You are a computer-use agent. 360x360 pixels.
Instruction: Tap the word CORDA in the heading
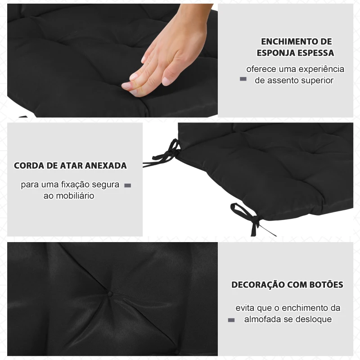point(29,166)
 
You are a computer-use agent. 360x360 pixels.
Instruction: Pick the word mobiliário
point(75,196)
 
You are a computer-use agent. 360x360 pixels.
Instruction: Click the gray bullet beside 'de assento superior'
point(243,79)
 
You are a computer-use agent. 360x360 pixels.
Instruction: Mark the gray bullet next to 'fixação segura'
point(128,185)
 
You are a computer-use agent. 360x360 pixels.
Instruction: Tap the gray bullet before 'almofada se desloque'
point(231,320)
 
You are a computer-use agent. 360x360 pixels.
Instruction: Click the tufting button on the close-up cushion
point(110,294)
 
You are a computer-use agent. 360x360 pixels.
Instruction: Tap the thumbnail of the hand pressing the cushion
point(112,60)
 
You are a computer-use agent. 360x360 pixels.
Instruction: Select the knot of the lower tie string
point(256,219)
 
